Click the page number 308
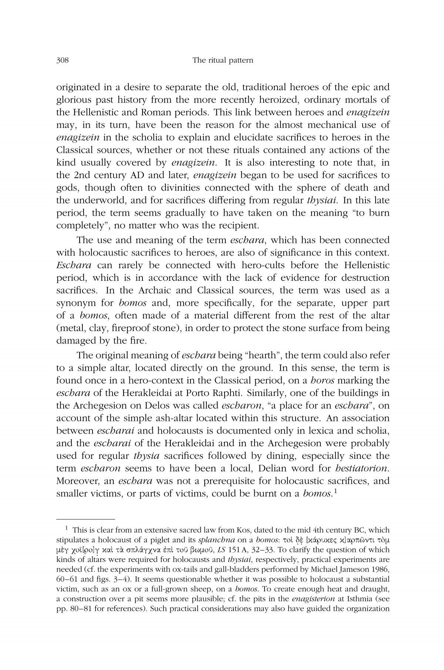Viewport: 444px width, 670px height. [63, 60]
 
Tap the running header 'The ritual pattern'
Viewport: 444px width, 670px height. [223, 60]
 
